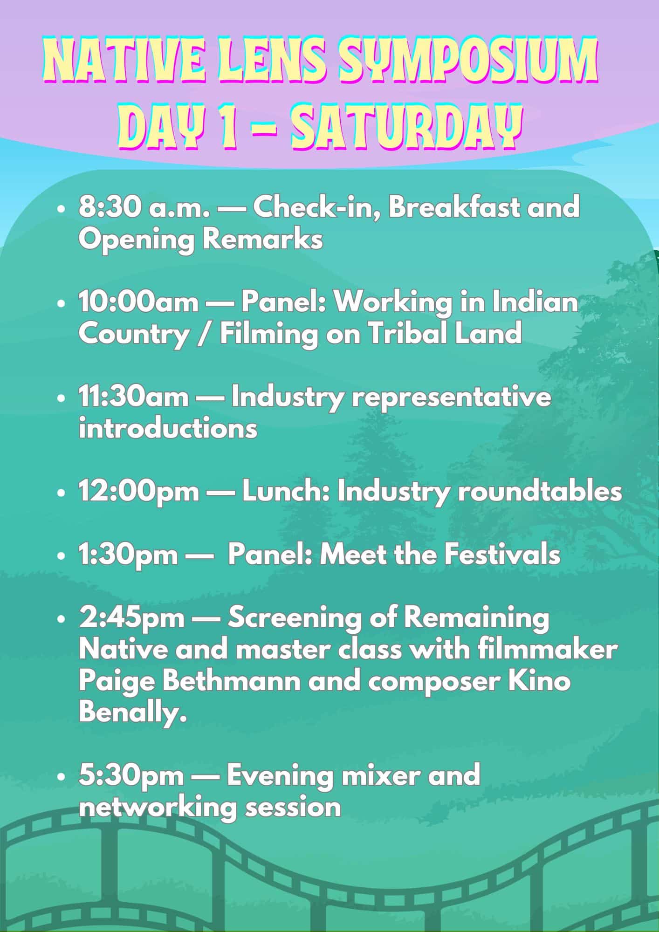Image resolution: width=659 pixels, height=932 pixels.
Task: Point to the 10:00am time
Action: [138, 302]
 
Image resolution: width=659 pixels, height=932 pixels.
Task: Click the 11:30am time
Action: [134, 397]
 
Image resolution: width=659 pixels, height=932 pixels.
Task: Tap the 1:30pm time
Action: [128, 555]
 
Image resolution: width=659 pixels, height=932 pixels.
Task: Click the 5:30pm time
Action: [131, 776]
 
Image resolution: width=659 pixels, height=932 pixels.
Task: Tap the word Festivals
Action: [502, 555]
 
